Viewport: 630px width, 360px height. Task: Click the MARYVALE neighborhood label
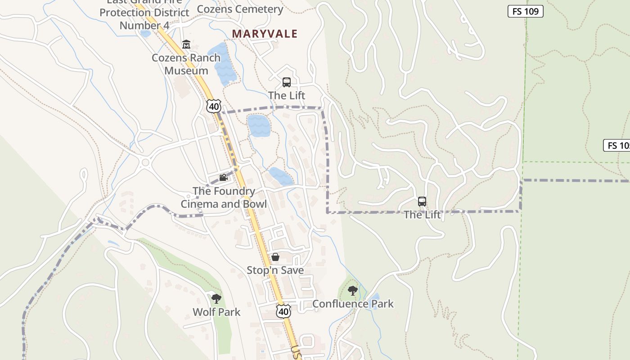[x=265, y=34]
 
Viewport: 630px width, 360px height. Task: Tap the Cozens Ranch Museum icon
[x=186, y=45]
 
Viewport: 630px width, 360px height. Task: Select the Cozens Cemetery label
[x=240, y=9]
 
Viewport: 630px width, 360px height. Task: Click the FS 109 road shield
[x=525, y=11]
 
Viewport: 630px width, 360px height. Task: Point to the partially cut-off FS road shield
[x=617, y=145]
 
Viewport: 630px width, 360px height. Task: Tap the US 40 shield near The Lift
[x=214, y=106]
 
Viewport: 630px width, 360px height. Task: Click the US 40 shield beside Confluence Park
[x=283, y=311]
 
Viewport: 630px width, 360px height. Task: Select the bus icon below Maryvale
[x=287, y=82]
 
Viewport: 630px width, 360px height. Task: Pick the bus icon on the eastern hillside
[x=422, y=202]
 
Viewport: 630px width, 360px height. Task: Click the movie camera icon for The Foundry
[x=223, y=178]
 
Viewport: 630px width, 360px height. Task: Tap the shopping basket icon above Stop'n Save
[x=275, y=257]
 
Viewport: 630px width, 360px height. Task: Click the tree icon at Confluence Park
[x=353, y=291]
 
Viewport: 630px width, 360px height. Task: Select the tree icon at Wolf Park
[x=216, y=298]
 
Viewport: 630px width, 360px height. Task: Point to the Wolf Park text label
[x=216, y=312]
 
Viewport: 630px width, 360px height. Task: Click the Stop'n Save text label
[x=275, y=270]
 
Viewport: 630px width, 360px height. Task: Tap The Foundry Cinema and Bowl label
[x=224, y=198]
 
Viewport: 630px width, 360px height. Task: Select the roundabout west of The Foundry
[x=145, y=162]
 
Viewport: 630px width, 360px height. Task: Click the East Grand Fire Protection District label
[x=144, y=13]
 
